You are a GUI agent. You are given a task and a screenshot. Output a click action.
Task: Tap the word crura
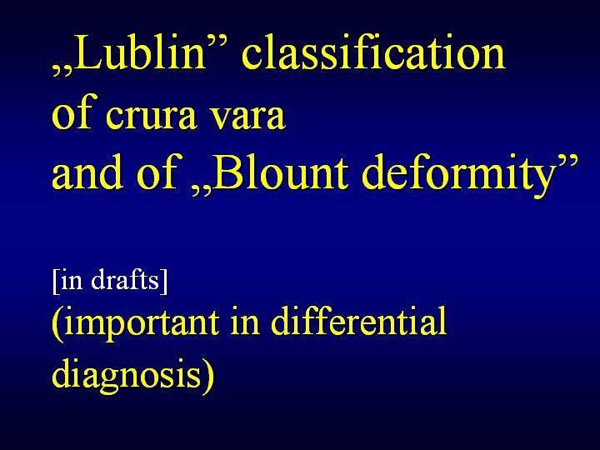point(151,115)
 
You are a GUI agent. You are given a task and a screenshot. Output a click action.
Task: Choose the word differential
point(358,321)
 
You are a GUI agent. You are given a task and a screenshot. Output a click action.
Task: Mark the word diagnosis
point(127,372)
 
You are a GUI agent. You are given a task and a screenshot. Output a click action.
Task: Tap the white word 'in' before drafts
point(72,280)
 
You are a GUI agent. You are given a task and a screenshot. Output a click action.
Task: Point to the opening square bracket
point(56,282)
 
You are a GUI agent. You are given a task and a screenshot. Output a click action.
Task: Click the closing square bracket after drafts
point(163,282)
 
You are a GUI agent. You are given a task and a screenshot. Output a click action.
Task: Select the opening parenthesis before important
point(57,324)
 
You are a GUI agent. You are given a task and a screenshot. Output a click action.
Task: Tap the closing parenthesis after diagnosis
point(208,377)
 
